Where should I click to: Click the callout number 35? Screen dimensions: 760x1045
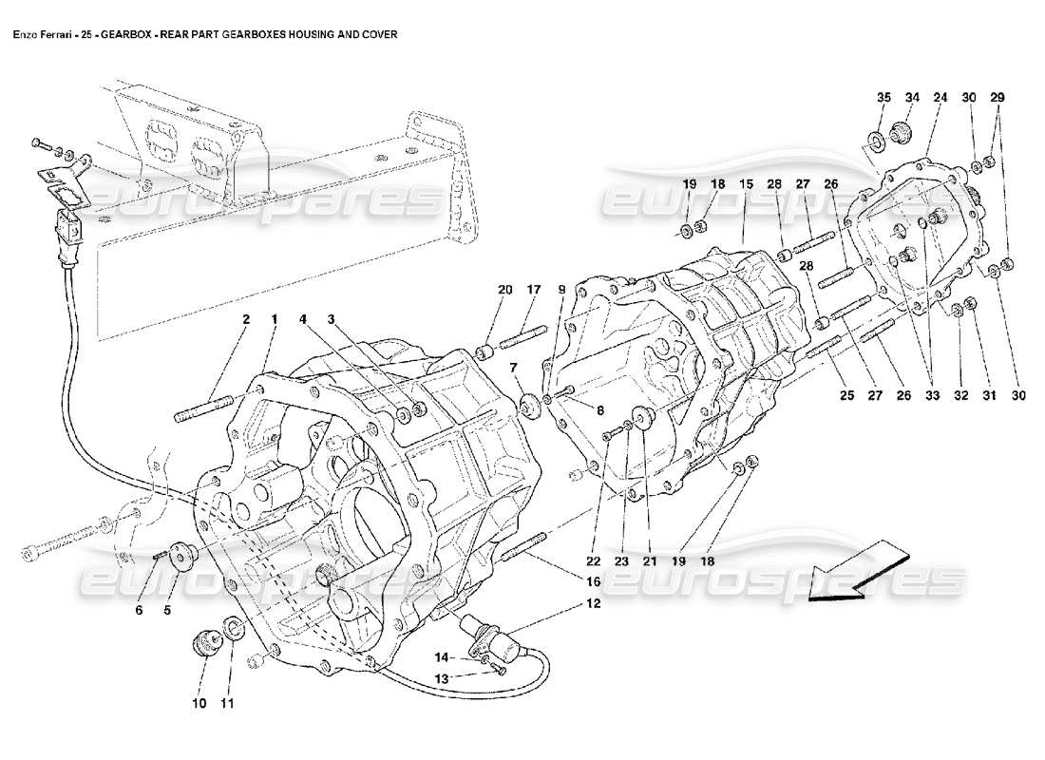pos(883,97)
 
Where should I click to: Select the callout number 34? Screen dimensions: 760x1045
pos(913,97)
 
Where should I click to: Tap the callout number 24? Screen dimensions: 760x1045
pos(940,97)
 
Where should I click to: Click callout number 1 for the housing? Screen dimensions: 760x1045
pos(275,320)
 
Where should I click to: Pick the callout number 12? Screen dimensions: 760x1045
pos(592,603)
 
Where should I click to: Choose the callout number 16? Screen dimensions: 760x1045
pos(592,581)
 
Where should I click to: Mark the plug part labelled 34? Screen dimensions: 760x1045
pos(902,131)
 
